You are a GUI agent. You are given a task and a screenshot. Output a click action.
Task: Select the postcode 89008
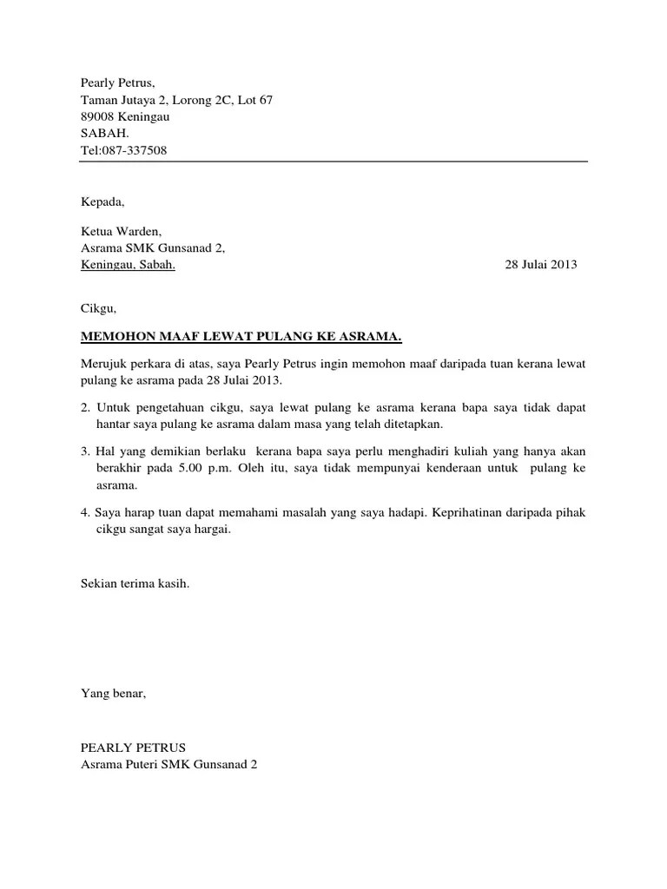[x=96, y=116]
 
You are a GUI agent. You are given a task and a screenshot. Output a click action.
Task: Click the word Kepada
[x=102, y=202]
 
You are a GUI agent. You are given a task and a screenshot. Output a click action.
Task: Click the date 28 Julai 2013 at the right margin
[x=540, y=266]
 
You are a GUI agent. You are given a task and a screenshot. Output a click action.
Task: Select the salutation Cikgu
[x=97, y=308]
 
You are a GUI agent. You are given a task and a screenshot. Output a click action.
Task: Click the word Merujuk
[x=103, y=364]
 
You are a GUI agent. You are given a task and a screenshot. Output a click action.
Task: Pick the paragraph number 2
[x=84, y=406]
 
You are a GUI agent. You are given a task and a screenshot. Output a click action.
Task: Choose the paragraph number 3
[x=84, y=451]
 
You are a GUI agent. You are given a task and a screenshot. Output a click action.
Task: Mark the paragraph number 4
[x=84, y=513]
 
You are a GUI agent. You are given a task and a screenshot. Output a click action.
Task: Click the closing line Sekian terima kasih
[x=135, y=584]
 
